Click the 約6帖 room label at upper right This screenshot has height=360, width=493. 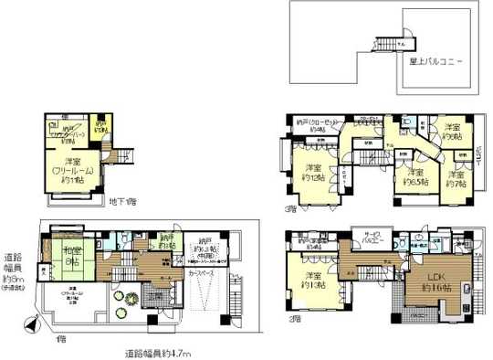(453, 133)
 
